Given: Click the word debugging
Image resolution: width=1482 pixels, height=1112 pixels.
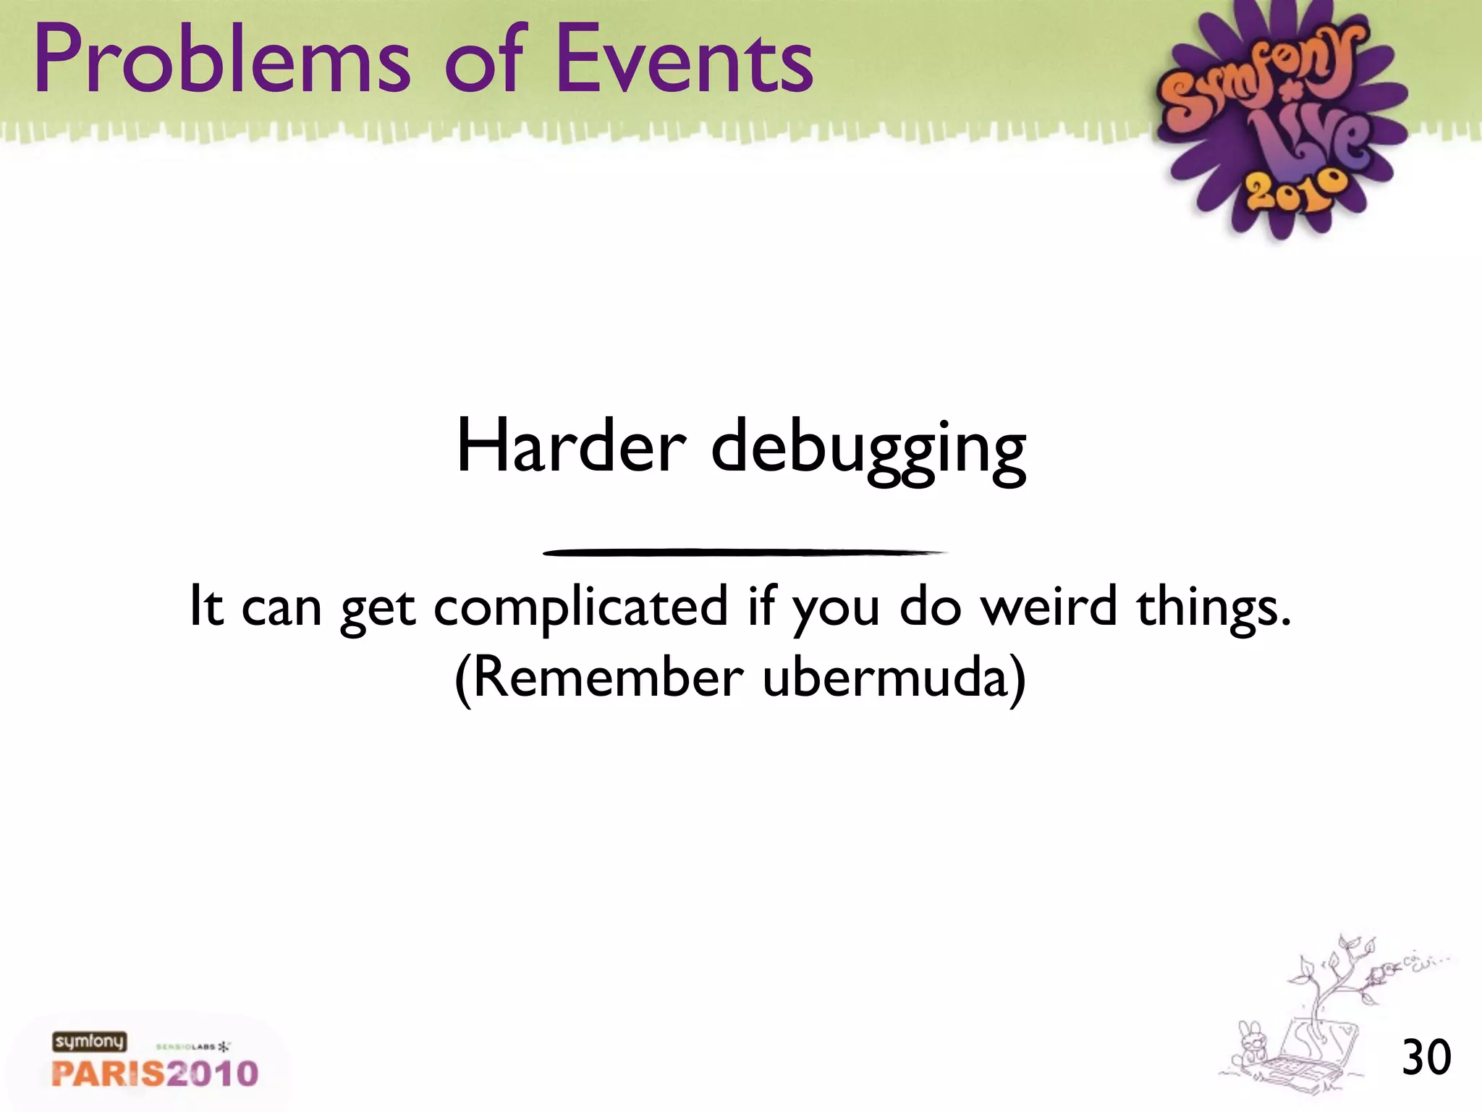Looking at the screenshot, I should pos(868,450).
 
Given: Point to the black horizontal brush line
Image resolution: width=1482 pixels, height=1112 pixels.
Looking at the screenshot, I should pos(744,552).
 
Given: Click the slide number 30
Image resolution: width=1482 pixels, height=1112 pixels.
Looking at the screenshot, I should pos(1426,1058).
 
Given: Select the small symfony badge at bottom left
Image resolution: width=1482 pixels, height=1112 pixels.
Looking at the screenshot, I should pos(89,1042).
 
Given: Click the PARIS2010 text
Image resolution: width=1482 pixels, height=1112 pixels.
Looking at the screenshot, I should pos(155,1074).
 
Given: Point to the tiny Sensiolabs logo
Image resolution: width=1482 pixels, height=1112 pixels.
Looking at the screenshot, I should pos(192,1047).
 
